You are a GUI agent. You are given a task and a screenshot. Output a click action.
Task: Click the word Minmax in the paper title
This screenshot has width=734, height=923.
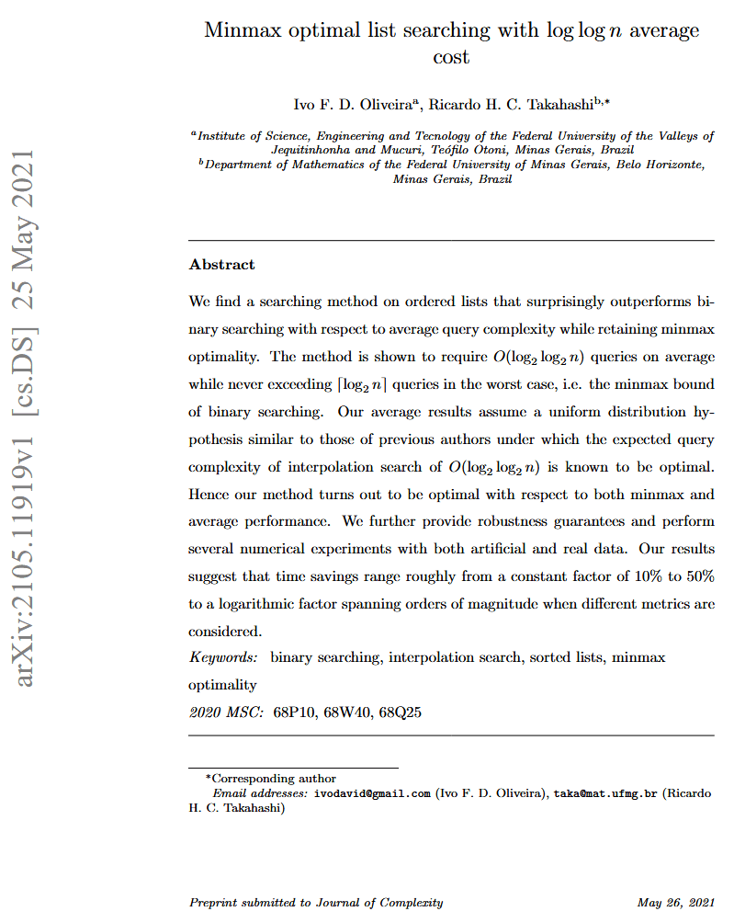point(242,30)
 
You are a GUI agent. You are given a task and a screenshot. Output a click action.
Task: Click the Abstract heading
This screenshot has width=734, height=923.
point(221,265)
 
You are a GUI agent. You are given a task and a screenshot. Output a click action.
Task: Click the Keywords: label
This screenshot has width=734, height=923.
point(223,657)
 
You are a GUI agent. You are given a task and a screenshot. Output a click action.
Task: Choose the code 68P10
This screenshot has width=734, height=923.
point(295,712)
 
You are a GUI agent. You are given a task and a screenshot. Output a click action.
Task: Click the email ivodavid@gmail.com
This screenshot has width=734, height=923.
point(372,792)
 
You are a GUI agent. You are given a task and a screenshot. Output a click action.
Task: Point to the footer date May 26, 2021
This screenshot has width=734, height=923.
point(675,903)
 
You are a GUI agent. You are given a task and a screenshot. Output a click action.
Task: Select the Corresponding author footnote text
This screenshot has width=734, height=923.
point(275,779)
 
